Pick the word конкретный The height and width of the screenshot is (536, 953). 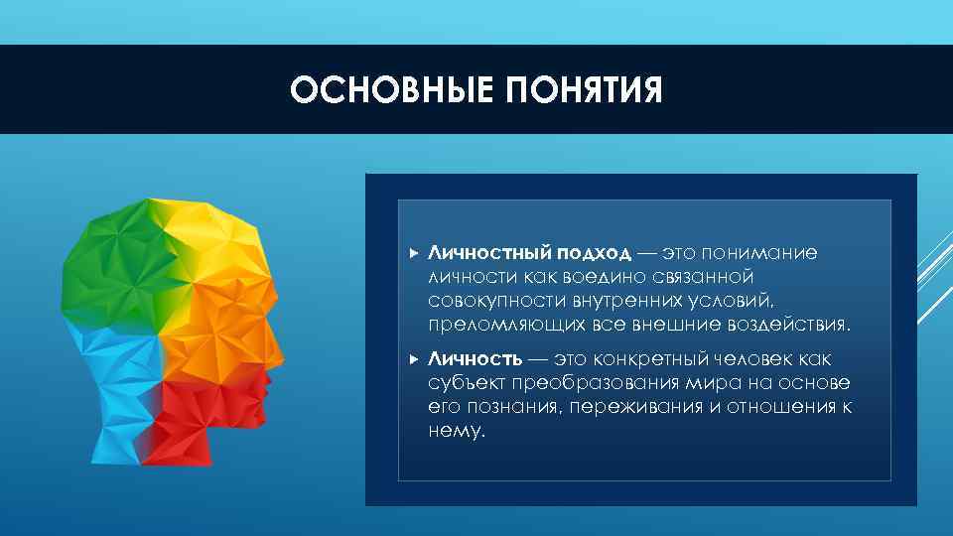click(649, 359)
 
